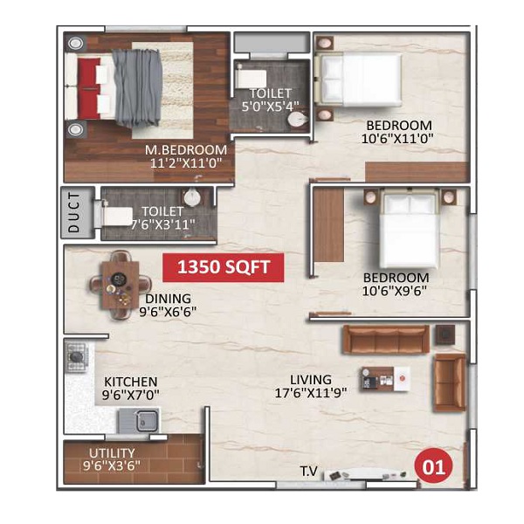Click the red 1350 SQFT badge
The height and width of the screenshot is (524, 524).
[x=224, y=267]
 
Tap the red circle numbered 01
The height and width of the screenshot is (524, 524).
[x=433, y=466]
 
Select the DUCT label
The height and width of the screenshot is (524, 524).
[x=74, y=212]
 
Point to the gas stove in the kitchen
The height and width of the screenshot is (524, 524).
[x=77, y=357]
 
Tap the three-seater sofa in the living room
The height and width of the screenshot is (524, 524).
[x=386, y=339]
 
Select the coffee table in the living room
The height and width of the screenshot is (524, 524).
[x=385, y=379]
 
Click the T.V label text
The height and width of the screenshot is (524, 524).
[x=309, y=472]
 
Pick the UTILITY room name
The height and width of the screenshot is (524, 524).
[x=112, y=453]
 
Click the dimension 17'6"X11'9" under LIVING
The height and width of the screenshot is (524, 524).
[x=310, y=392]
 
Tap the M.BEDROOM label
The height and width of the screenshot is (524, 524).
[x=186, y=149]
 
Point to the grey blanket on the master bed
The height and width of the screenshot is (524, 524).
[x=137, y=88]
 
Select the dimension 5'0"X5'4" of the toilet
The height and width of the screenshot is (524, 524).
[x=270, y=107]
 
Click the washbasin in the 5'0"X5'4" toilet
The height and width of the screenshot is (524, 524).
[x=297, y=120]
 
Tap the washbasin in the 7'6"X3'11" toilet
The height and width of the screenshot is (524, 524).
[x=192, y=196]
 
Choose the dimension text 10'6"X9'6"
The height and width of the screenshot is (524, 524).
[x=395, y=291]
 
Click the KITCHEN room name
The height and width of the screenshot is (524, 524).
[x=131, y=382]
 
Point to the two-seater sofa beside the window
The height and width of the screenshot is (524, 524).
[x=450, y=383]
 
